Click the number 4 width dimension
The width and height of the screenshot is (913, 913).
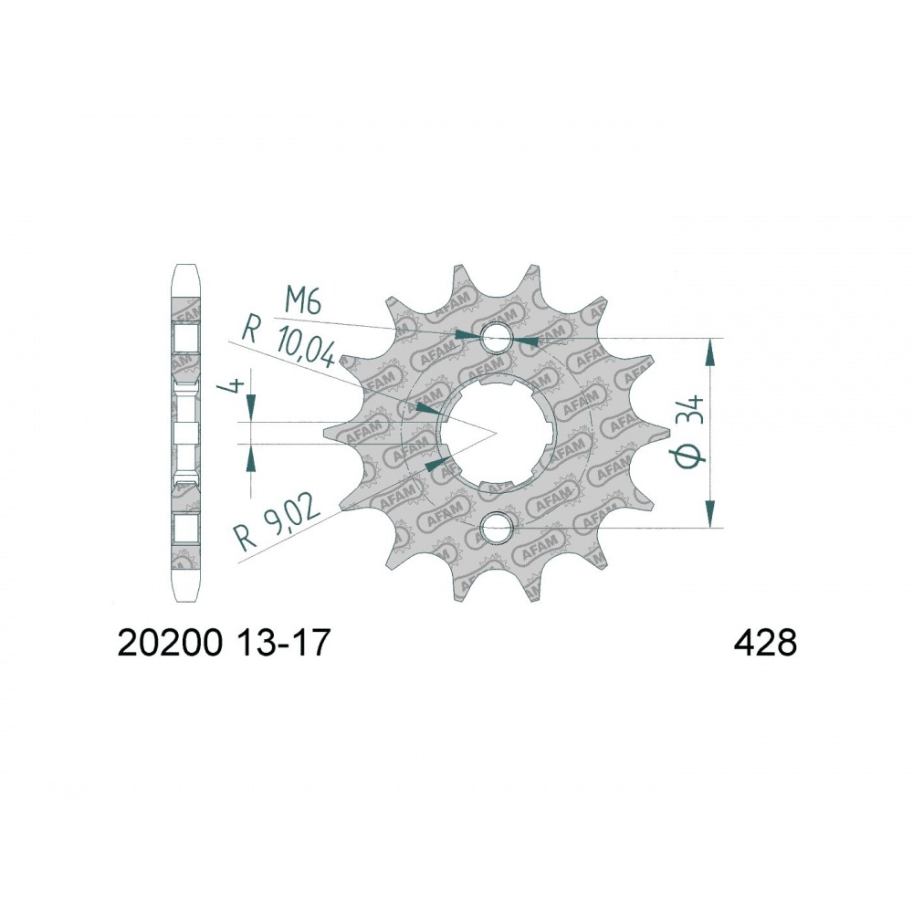pyautogui.click(x=236, y=386)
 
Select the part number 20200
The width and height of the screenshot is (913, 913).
pyautogui.click(x=171, y=645)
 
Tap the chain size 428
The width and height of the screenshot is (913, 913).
pyautogui.click(x=764, y=645)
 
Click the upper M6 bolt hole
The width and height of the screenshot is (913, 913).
pyautogui.click(x=496, y=337)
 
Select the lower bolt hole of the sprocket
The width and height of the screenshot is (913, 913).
pyautogui.click(x=496, y=527)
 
